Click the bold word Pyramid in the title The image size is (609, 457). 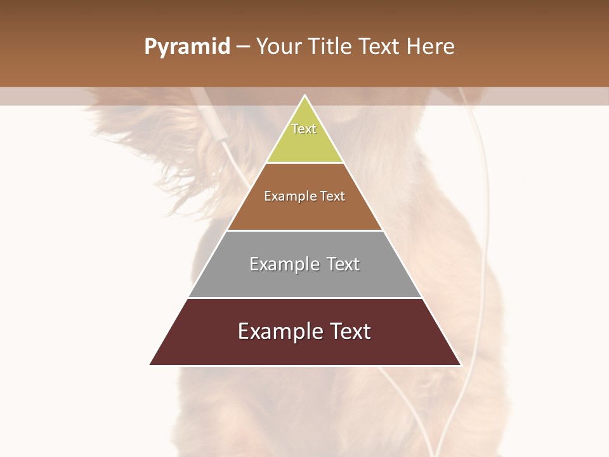tap(187, 47)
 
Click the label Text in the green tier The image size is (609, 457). tap(304, 129)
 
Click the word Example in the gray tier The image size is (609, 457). tap(284, 264)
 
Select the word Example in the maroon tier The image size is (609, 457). tap(278, 331)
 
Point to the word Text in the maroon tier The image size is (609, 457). tap(350, 331)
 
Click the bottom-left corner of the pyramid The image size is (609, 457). tap(150, 364)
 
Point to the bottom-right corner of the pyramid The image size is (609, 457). tap(461, 364)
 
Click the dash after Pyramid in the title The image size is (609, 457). tap(243, 47)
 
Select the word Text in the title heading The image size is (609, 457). tap(380, 47)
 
